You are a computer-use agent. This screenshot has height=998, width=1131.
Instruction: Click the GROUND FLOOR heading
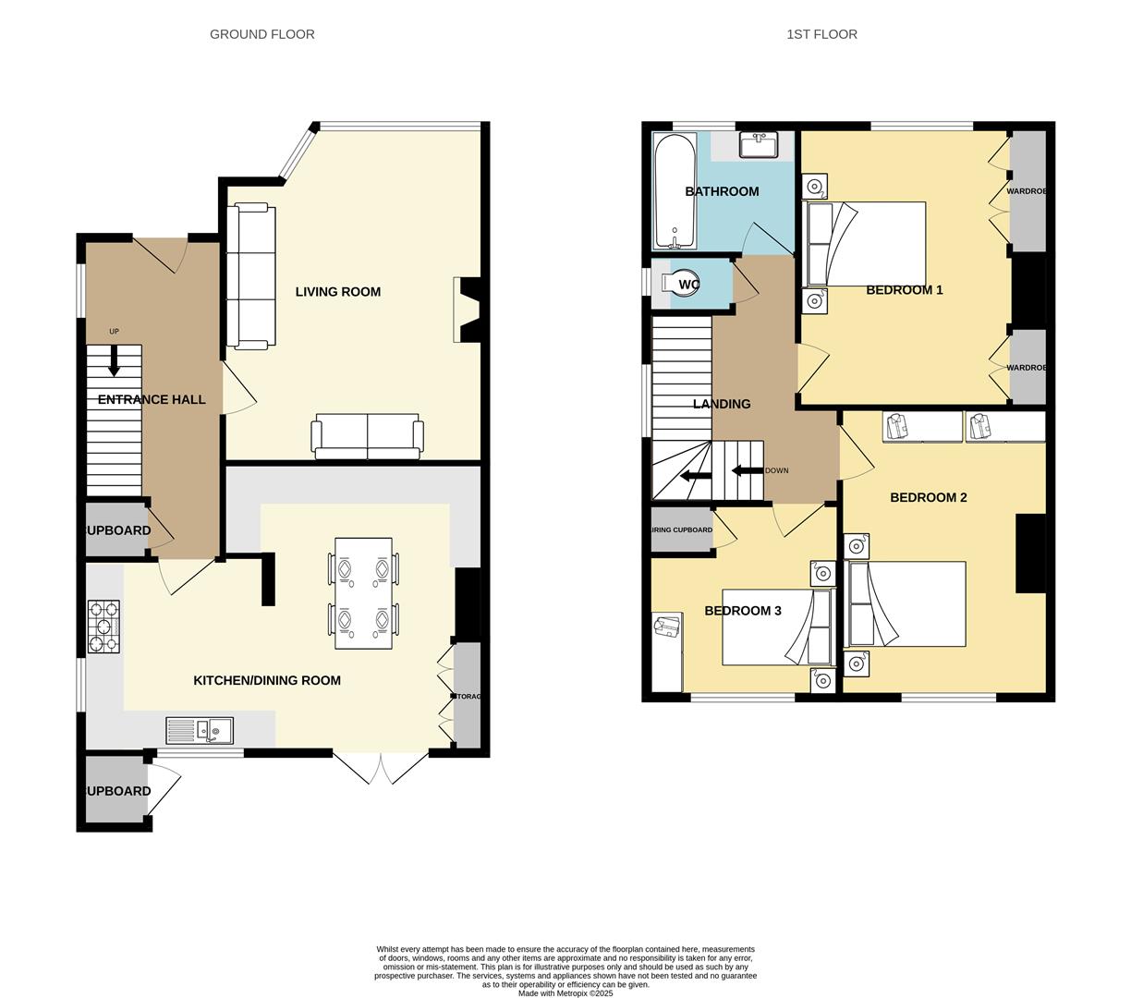pyautogui.click(x=261, y=34)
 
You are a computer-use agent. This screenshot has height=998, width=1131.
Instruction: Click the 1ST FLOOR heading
pyautogui.click(x=821, y=34)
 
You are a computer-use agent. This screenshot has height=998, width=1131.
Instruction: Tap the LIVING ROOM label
pyautogui.click(x=338, y=292)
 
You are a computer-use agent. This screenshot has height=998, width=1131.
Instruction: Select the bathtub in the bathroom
pyautogui.click(x=675, y=192)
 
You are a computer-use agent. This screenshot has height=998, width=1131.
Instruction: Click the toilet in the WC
pyautogui.click(x=685, y=285)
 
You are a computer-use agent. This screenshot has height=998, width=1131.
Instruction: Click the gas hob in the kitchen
pyautogui.click(x=103, y=627)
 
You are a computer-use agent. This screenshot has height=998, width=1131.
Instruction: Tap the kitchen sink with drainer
pyautogui.click(x=200, y=731)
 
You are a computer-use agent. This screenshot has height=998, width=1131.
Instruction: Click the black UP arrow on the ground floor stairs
pyautogui.click(x=114, y=361)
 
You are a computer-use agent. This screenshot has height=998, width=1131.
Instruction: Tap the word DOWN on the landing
pyautogui.click(x=777, y=470)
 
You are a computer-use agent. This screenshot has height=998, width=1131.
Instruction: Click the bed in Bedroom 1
pyautogui.click(x=866, y=244)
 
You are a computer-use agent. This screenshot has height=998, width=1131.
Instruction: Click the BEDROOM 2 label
pyautogui.click(x=928, y=497)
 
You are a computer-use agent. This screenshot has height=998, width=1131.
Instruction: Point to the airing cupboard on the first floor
pyautogui.click(x=682, y=530)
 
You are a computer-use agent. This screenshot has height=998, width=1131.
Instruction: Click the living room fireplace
pyautogui.click(x=467, y=310)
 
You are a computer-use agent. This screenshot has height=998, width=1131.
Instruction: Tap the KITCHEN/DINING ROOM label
pyautogui.click(x=267, y=680)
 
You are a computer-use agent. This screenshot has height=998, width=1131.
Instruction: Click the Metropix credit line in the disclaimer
pyautogui.click(x=565, y=993)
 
